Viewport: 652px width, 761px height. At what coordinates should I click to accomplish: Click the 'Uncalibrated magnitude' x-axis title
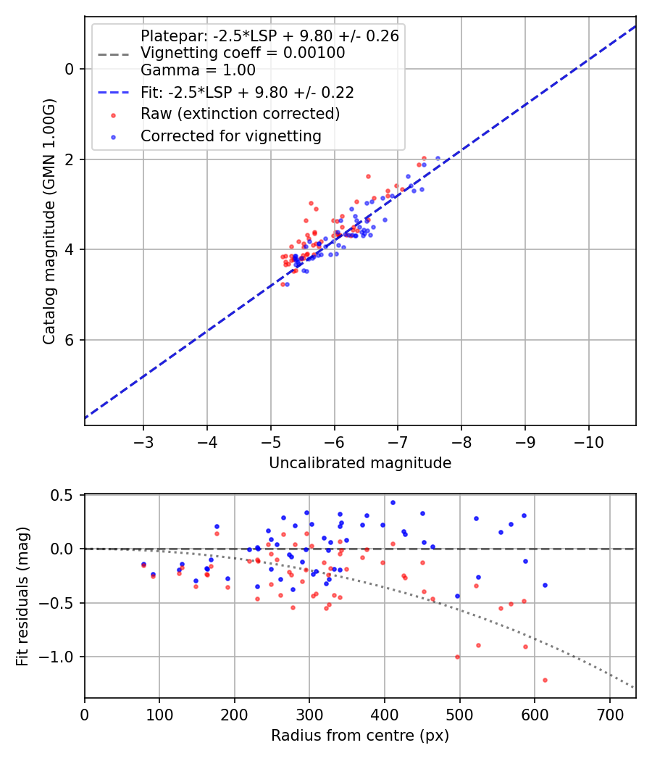360,463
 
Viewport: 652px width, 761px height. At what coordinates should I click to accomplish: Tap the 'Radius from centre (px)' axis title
360,736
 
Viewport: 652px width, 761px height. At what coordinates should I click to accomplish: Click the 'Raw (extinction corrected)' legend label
240,114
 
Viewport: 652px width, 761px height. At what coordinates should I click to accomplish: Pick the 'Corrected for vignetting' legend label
230,136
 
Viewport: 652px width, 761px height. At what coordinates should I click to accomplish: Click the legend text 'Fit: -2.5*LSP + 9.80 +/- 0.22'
247,93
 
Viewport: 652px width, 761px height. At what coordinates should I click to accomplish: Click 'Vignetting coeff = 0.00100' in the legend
243,53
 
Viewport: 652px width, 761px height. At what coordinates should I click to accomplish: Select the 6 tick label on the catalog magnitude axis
70,340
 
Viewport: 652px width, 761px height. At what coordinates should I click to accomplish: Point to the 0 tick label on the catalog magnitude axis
70,69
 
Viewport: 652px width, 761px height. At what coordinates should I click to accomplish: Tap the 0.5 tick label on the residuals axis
65,495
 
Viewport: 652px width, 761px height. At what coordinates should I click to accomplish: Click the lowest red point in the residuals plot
545,680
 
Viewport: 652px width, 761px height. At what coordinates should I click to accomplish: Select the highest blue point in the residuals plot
393,502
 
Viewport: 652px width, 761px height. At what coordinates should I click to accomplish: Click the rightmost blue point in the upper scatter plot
438,158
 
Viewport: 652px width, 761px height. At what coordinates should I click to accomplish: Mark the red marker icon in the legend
113,115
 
